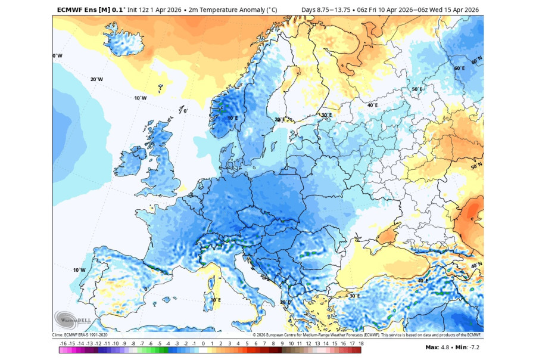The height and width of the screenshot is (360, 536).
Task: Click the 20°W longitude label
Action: coord(96,79)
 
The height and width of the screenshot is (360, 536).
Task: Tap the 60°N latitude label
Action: coord(476,61)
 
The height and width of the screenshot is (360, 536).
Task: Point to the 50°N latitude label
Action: coord(476,166)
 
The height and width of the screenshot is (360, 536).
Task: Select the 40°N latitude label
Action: coord(476,265)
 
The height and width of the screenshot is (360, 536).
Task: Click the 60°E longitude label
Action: coord(459,68)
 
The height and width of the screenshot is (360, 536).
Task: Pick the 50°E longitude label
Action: coord(417,89)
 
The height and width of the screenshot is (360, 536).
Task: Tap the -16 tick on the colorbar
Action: coord(63,344)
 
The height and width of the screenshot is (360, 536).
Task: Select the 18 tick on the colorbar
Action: coord(361,344)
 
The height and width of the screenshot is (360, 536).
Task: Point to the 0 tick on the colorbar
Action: coord(203,344)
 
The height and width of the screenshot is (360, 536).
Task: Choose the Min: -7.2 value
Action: coord(468,347)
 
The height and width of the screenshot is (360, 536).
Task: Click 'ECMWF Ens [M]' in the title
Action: coord(83,10)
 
